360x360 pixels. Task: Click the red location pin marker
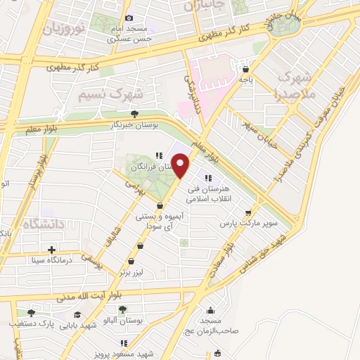point(181,165)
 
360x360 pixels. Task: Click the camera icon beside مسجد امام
point(128,18)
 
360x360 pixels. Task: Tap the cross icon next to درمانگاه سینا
point(51,250)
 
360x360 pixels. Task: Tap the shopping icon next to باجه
point(245,70)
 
